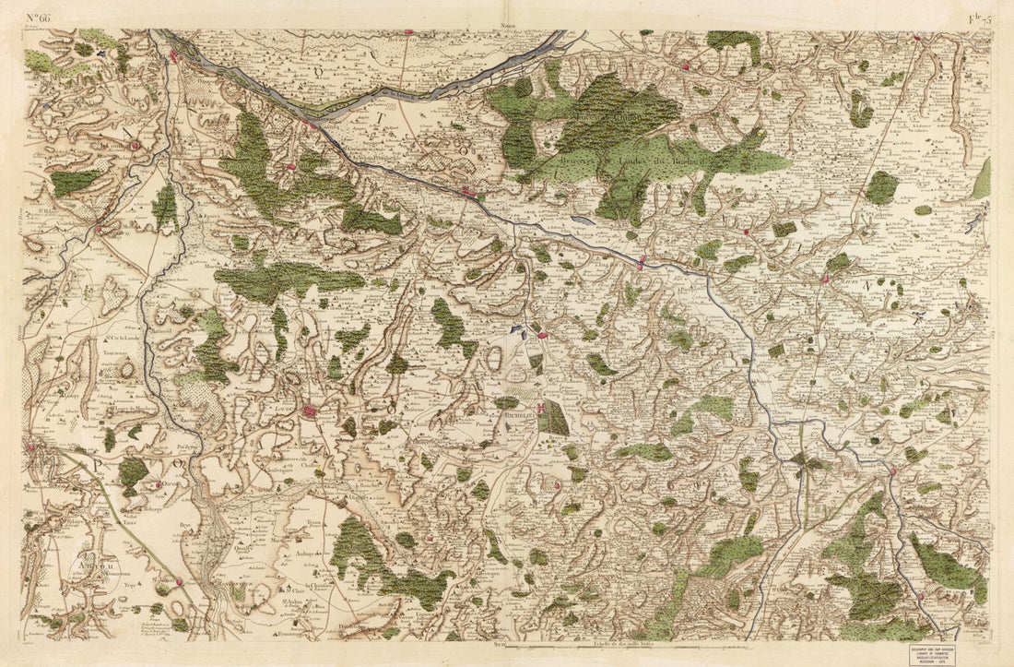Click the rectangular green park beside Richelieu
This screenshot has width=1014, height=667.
coord(554,418)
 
